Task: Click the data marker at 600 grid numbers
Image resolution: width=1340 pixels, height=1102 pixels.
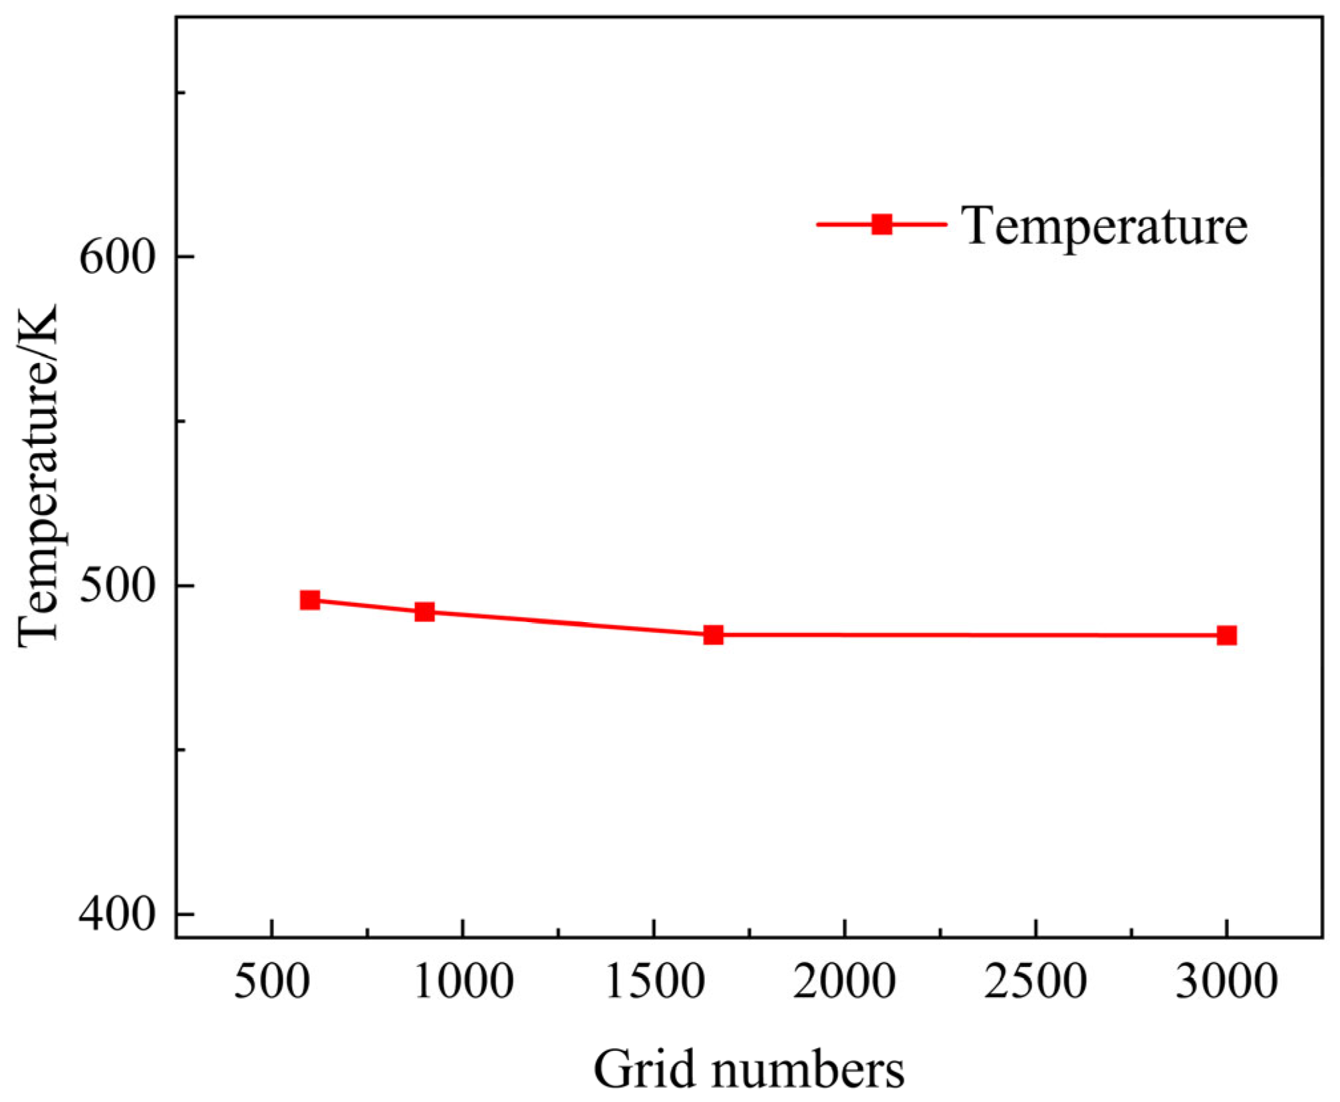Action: coord(310,600)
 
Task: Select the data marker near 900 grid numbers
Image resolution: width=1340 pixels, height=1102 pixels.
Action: coord(425,612)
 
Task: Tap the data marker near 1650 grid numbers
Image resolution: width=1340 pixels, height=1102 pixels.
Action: coord(713,635)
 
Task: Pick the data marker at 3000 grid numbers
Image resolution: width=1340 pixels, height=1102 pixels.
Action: coord(1226,635)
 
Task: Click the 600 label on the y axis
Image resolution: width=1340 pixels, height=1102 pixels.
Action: coord(117,257)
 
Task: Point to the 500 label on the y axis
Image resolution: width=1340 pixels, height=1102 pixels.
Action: coord(117,586)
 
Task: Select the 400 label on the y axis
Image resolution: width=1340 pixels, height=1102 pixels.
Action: coord(117,915)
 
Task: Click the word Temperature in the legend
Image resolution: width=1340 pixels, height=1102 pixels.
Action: coord(1104,226)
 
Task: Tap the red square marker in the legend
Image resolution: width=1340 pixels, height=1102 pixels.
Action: coord(882,224)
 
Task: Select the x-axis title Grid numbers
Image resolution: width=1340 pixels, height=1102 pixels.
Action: coord(749,1069)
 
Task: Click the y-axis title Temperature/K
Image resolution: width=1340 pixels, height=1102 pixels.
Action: coord(39,475)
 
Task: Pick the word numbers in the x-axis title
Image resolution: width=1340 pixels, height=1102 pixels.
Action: coord(808,1069)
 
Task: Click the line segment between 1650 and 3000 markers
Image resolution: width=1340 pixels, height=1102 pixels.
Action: coord(970,635)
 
